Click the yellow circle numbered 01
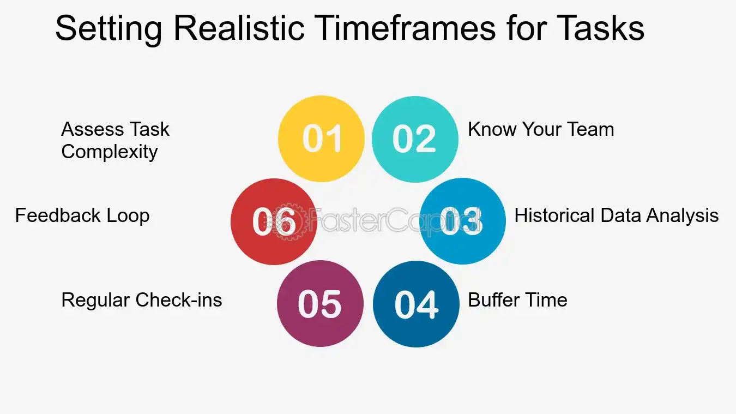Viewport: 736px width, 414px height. (321, 139)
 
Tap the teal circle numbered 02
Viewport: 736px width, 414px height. (415, 139)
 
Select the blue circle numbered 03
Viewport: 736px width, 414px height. (462, 221)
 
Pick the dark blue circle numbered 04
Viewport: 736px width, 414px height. (416, 304)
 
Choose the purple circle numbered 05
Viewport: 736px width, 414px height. (320, 303)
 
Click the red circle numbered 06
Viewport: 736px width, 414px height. (274, 221)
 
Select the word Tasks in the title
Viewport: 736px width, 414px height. (599, 28)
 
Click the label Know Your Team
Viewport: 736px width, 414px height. (541, 129)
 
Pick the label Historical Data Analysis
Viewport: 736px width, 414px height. (616, 215)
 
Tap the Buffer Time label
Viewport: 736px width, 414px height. (517, 299)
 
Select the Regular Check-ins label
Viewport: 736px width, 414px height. (142, 300)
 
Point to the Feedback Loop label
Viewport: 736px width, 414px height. (82, 215)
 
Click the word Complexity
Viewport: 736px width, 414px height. (110, 152)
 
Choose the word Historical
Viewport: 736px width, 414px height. (554, 215)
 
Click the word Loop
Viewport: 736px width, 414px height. (129, 215)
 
